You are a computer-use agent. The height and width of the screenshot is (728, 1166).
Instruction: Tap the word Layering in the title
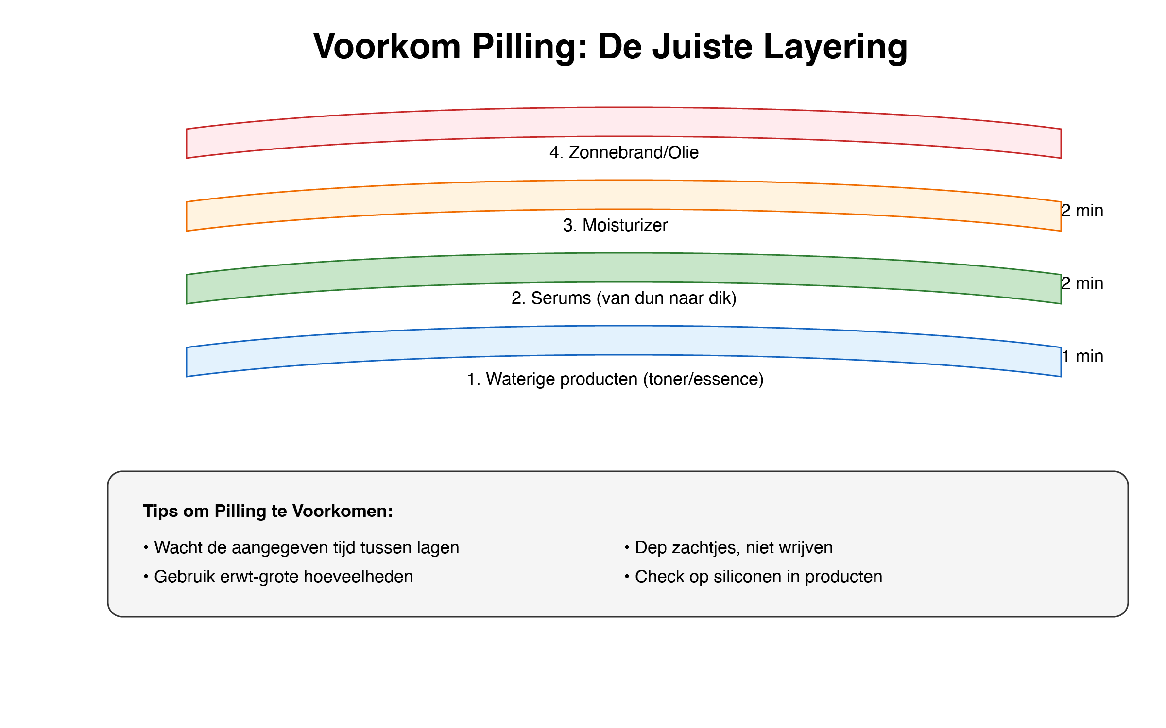835,47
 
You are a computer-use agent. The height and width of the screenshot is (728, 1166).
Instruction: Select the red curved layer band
624,122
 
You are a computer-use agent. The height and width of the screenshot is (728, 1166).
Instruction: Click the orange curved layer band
624,195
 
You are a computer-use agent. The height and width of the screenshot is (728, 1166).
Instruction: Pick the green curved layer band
624,268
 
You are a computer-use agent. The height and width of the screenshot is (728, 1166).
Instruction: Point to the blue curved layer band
624,341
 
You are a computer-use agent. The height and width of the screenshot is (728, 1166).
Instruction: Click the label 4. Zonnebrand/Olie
624,152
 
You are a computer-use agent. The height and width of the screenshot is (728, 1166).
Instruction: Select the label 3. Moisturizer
615,225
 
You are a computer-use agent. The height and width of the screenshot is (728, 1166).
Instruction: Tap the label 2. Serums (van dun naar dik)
624,298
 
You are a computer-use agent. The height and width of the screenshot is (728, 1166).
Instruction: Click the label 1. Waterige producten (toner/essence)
615,379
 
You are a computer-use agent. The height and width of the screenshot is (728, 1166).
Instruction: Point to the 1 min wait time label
1082,356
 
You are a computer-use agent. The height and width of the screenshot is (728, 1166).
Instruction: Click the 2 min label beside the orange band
1082,211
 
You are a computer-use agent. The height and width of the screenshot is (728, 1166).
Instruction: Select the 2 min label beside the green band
1082,283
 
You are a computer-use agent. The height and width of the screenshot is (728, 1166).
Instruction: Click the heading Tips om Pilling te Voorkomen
268,511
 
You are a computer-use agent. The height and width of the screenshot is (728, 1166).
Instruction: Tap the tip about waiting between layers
301,547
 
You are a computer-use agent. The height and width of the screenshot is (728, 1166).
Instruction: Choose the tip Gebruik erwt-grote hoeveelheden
278,577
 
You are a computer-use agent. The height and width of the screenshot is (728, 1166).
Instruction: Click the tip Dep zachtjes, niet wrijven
729,547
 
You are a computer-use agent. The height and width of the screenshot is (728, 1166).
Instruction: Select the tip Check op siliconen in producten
754,577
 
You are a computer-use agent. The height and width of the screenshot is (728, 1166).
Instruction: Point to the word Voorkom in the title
387,47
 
